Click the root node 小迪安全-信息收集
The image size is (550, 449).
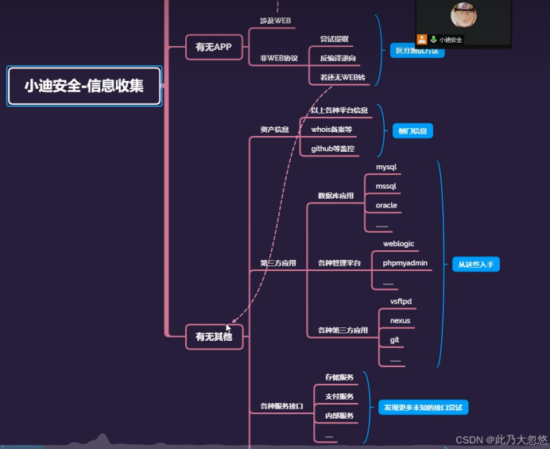coord(83,86)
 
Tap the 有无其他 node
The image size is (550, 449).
coord(213,337)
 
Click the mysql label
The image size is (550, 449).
coord(386,168)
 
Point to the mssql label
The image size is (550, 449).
coord(386,186)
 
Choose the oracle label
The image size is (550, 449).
coord(386,205)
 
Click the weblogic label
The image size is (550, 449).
coord(398,244)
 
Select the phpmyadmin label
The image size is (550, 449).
coord(405,262)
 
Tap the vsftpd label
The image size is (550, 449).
coord(401,301)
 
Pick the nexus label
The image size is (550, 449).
coord(400,320)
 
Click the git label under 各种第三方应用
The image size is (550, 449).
coord(394,339)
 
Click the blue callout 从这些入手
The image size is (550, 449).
coord(476,264)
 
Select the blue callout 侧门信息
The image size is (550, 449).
coord(412,130)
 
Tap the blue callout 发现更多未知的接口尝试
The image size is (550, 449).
coord(423,407)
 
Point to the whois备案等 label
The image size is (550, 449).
coord(331,129)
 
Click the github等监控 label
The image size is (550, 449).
coord(333,149)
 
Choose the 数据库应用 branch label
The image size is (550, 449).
coord(335,195)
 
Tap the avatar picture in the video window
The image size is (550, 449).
coord(463,15)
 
